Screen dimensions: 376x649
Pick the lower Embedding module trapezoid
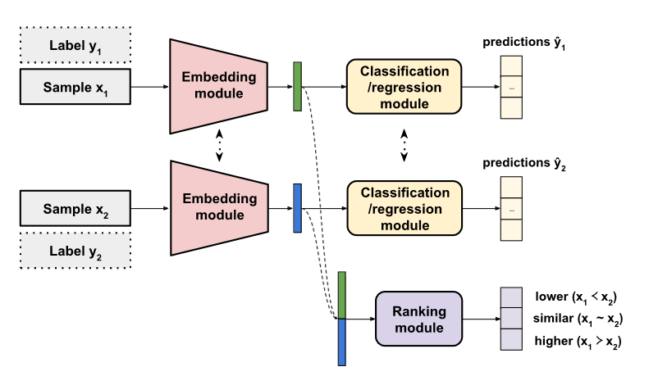(218, 208)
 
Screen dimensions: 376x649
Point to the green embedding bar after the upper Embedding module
(297, 85)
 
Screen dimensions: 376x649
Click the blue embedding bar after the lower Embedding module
(297, 208)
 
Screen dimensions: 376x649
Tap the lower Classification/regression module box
(404, 208)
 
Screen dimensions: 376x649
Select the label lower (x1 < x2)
(575, 297)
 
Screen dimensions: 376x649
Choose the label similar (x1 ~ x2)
(575, 319)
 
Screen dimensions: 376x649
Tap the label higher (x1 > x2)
(575, 341)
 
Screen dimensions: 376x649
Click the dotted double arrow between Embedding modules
(218, 147)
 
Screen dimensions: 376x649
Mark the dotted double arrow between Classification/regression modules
(404, 147)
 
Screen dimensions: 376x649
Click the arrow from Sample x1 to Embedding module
(149, 85)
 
